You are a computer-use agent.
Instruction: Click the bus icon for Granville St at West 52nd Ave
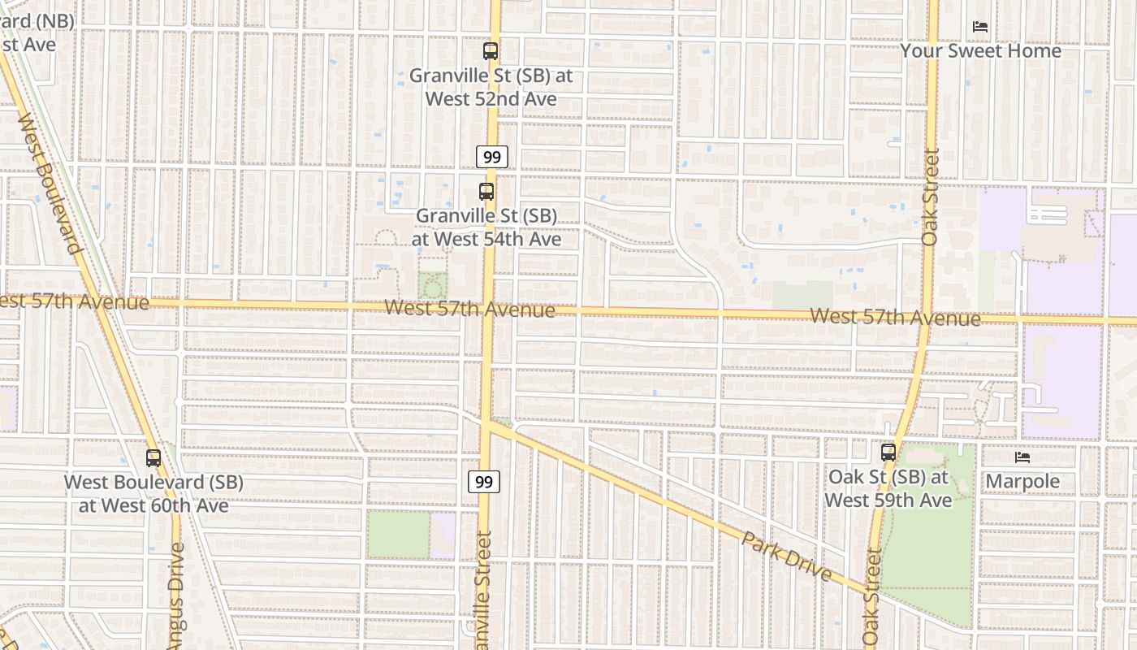coord(491,51)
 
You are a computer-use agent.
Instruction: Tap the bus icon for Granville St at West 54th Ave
coord(486,192)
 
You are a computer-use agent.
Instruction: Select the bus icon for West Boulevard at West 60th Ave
coord(153,457)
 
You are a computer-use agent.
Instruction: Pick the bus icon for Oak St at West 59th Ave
coord(888,453)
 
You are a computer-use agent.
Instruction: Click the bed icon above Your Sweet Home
coord(980,27)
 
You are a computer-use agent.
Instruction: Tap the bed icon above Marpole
coord(1022,457)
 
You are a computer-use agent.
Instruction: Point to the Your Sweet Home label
coord(980,51)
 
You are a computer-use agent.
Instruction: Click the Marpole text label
coord(1022,481)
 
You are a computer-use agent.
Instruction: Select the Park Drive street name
coord(786,557)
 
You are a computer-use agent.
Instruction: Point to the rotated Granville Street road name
coord(483,589)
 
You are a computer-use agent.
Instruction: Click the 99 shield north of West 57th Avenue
coord(491,157)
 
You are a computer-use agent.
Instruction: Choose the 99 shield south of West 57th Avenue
coord(484,482)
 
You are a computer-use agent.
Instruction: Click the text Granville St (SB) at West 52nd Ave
coord(491,87)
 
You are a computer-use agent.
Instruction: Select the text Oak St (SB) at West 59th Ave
coord(888,488)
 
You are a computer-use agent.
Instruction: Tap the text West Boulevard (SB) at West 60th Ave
coord(153,493)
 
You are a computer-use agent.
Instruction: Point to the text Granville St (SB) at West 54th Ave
coord(486,227)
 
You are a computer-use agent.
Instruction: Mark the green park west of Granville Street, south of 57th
coord(397,534)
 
